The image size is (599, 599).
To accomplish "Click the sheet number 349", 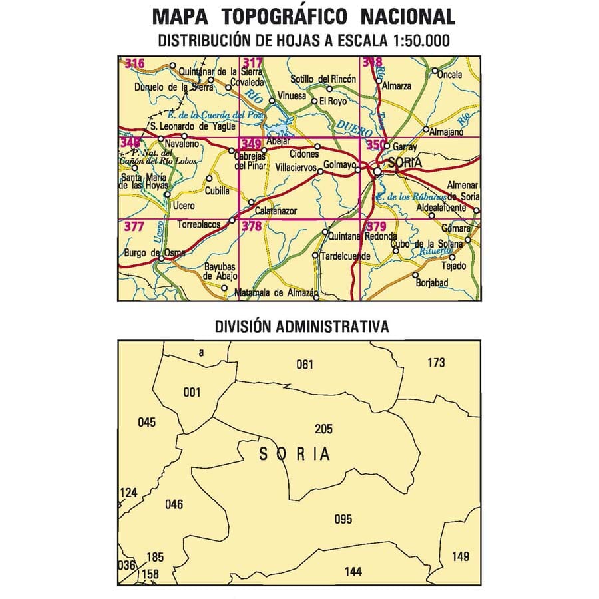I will (252, 143).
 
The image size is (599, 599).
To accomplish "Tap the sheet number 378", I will (252, 226).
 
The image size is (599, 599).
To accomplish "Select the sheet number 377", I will (134, 226).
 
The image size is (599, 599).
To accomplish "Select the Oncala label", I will (450, 75).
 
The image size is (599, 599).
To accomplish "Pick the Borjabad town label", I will (432, 283).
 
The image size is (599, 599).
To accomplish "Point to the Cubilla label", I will (217, 190).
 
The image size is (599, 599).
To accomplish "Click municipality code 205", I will (324, 429).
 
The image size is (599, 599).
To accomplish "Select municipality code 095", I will (343, 520).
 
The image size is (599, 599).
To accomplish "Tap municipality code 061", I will (304, 363).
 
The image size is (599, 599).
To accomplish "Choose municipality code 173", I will (436, 363).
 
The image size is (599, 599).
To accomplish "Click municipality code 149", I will (460, 556).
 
